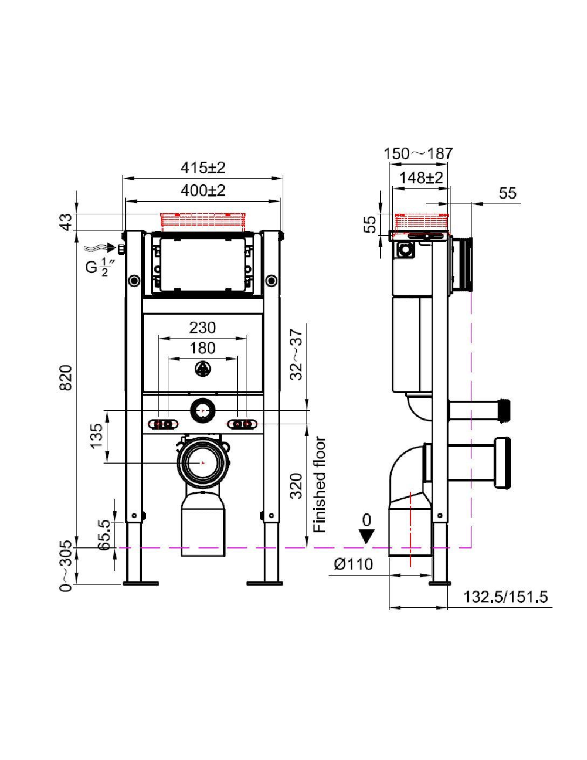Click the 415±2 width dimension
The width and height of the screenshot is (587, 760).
click(x=202, y=167)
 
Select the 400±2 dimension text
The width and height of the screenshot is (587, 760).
click(x=202, y=191)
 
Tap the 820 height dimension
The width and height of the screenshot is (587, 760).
click(x=65, y=377)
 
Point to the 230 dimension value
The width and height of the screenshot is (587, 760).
click(x=202, y=328)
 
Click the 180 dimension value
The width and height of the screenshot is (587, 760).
click(x=202, y=348)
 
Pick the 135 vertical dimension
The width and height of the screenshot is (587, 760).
click(x=95, y=436)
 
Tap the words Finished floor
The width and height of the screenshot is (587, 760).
click(x=320, y=484)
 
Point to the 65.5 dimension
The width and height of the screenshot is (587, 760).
click(x=104, y=535)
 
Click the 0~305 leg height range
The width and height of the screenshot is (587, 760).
click(x=65, y=566)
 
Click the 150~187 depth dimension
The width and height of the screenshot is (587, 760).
click(x=418, y=154)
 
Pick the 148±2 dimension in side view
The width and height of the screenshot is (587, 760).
click(x=421, y=178)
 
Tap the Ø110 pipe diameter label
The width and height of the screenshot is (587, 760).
click(x=353, y=564)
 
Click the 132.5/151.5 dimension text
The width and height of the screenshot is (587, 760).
click(x=506, y=596)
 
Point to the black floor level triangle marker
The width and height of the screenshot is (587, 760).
click(x=367, y=536)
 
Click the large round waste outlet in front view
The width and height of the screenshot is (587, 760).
click(x=202, y=463)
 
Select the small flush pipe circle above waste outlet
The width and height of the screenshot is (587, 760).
click(x=202, y=411)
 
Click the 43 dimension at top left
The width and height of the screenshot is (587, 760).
click(x=65, y=221)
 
